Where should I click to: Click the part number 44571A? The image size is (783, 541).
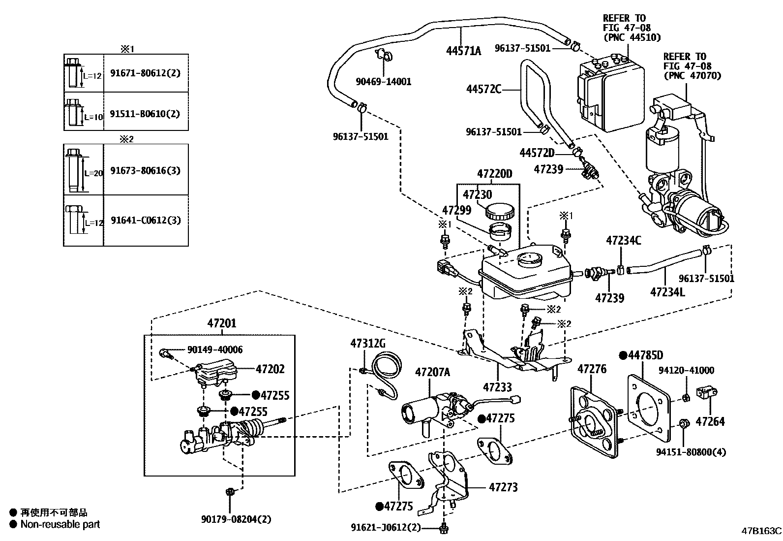click(x=463, y=50)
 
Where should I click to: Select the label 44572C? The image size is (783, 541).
click(x=483, y=89)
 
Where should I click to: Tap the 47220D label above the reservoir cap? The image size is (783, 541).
click(x=494, y=174)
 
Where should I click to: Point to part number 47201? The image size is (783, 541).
click(x=221, y=323)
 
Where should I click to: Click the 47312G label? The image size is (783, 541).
click(x=368, y=343)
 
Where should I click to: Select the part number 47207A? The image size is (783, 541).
click(x=433, y=372)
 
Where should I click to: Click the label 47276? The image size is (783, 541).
click(x=592, y=369)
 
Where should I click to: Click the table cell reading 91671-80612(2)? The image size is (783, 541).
click(x=145, y=73)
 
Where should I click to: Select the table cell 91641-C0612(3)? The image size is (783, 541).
click(x=146, y=220)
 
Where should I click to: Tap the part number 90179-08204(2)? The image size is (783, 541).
click(x=236, y=519)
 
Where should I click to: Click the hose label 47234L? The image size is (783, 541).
click(x=667, y=292)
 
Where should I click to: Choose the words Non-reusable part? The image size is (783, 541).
click(x=60, y=524)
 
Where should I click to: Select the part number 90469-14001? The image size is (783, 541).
click(x=384, y=82)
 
